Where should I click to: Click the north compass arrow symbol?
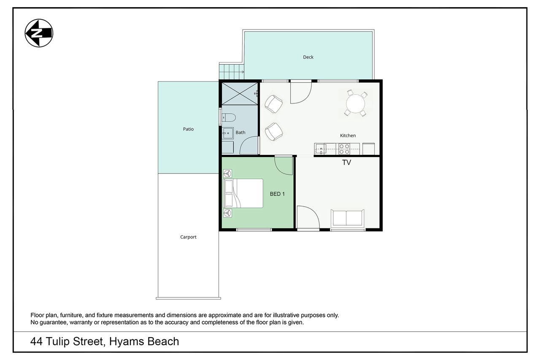click(x=39, y=33)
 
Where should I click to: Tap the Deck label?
click(x=308, y=57)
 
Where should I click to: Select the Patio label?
click(x=188, y=129)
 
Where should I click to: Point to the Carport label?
click(x=188, y=237)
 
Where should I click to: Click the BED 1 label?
click(x=277, y=194)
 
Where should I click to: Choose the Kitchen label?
click(x=348, y=135)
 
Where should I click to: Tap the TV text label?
click(x=346, y=162)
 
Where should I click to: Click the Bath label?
click(x=240, y=133)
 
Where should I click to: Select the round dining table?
click(x=355, y=104)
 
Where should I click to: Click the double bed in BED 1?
click(x=243, y=193)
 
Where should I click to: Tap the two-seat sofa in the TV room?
click(x=348, y=218)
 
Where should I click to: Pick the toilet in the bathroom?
click(x=229, y=118)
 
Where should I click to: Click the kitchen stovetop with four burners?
click(x=344, y=149)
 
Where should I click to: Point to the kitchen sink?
click(x=321, y=149)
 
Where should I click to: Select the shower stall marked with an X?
click(x=240, y=94)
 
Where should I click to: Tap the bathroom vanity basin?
click(x=227, y=133)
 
